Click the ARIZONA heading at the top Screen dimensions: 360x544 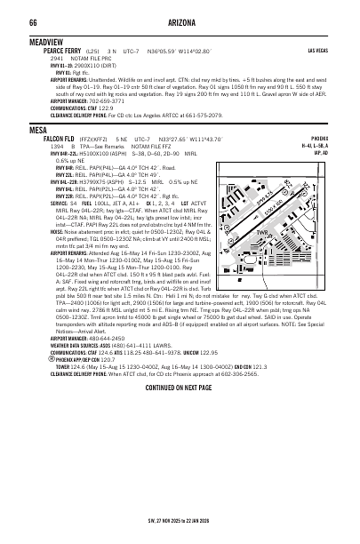pos(179,21)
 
